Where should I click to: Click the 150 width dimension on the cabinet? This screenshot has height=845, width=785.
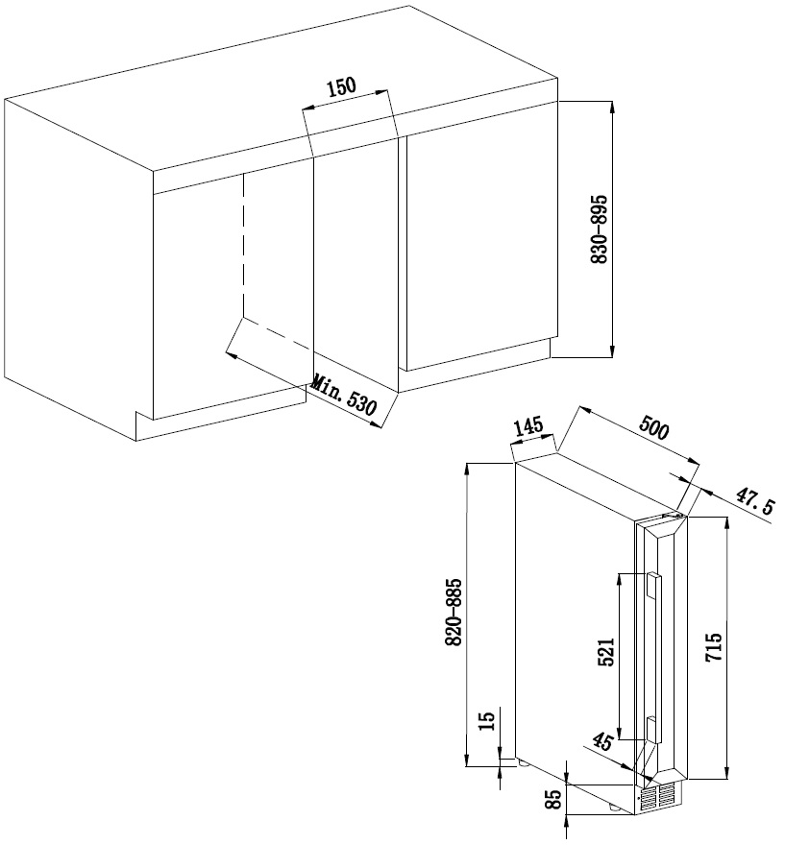(x=342, y=86)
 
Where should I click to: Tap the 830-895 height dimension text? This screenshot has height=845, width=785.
(x=600, y=229)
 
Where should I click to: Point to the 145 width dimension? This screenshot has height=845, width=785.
(x=527, y=426)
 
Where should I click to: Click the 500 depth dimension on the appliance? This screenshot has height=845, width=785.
(x=654, y=428)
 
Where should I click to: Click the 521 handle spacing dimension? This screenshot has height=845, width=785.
(x=606, y=652)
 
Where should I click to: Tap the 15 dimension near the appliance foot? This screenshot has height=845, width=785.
(x=486, y=720)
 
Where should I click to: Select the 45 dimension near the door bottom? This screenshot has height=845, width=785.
(x=601, y=741)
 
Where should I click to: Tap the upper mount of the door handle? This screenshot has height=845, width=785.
(x=653, y=586)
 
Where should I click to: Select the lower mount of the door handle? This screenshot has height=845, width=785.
(x=651, y=729)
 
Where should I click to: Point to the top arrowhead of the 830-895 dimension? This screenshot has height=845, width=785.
(x=612, y=108)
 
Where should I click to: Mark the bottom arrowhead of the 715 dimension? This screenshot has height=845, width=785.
(x=728, y=772)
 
